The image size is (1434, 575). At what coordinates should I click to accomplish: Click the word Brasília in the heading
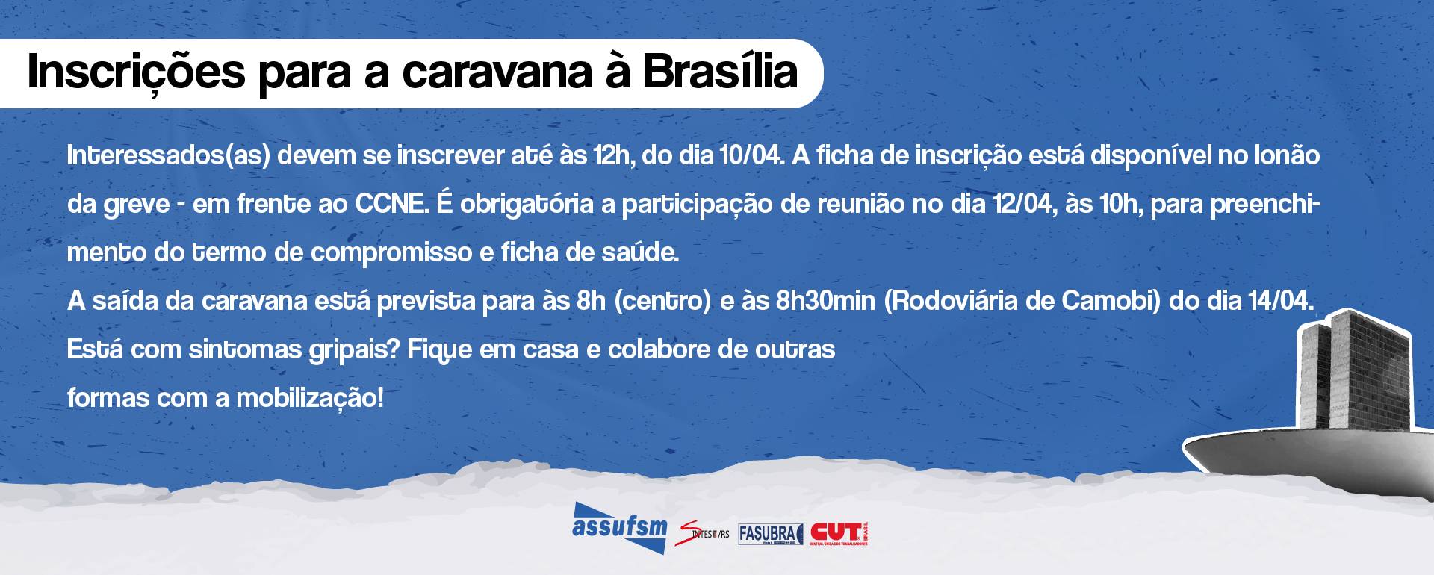pos(720,72)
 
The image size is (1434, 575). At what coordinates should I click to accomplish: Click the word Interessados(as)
pos(168,156)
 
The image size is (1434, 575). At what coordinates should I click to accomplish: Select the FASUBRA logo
pos(769,533)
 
